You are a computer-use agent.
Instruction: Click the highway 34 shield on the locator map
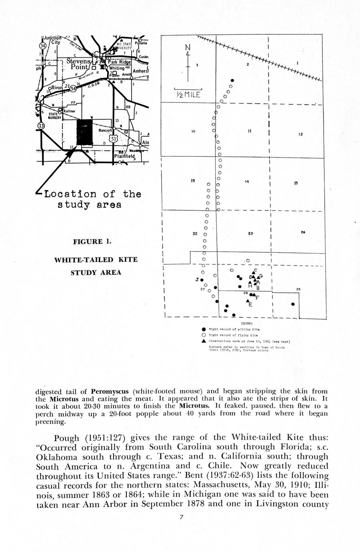click(43, 46)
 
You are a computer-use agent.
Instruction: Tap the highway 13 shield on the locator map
click(41, 126)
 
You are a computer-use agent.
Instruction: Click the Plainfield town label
click(125, 156)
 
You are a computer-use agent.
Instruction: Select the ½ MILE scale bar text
click(188, 95)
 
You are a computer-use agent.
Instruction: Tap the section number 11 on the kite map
click(249, 131)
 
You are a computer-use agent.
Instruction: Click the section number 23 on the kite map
click(250, 233)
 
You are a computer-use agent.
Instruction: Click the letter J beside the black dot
click(197, 279)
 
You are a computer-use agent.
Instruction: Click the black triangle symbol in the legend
click(204, 341)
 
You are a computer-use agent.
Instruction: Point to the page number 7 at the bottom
click(181, 517)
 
